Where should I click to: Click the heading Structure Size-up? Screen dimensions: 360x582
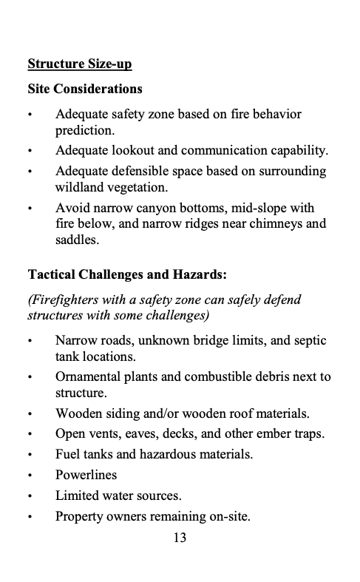pyautogui.click(x=79, y=64)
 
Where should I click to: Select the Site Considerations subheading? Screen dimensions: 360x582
pyautogui.click(x=85, y=89)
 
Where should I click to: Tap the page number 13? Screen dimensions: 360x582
pyautogui.click(x=180, y=538)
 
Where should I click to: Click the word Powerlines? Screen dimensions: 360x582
pyautogui.click(x=86, y=475)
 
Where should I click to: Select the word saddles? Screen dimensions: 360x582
pyautogui.click(x=76, y=240)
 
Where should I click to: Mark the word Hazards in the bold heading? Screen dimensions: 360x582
pyautogui.click(x=197, y=275)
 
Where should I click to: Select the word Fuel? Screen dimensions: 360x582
pyautogui.click(x=68, y=454)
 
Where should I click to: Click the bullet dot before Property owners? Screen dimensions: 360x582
pyautogui.click(x=30, y=516)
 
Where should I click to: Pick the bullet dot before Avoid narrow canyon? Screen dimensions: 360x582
pyautogui.click(x=30, y=208)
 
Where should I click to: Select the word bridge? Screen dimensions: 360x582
pyautogui.click(x=216, y=341)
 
